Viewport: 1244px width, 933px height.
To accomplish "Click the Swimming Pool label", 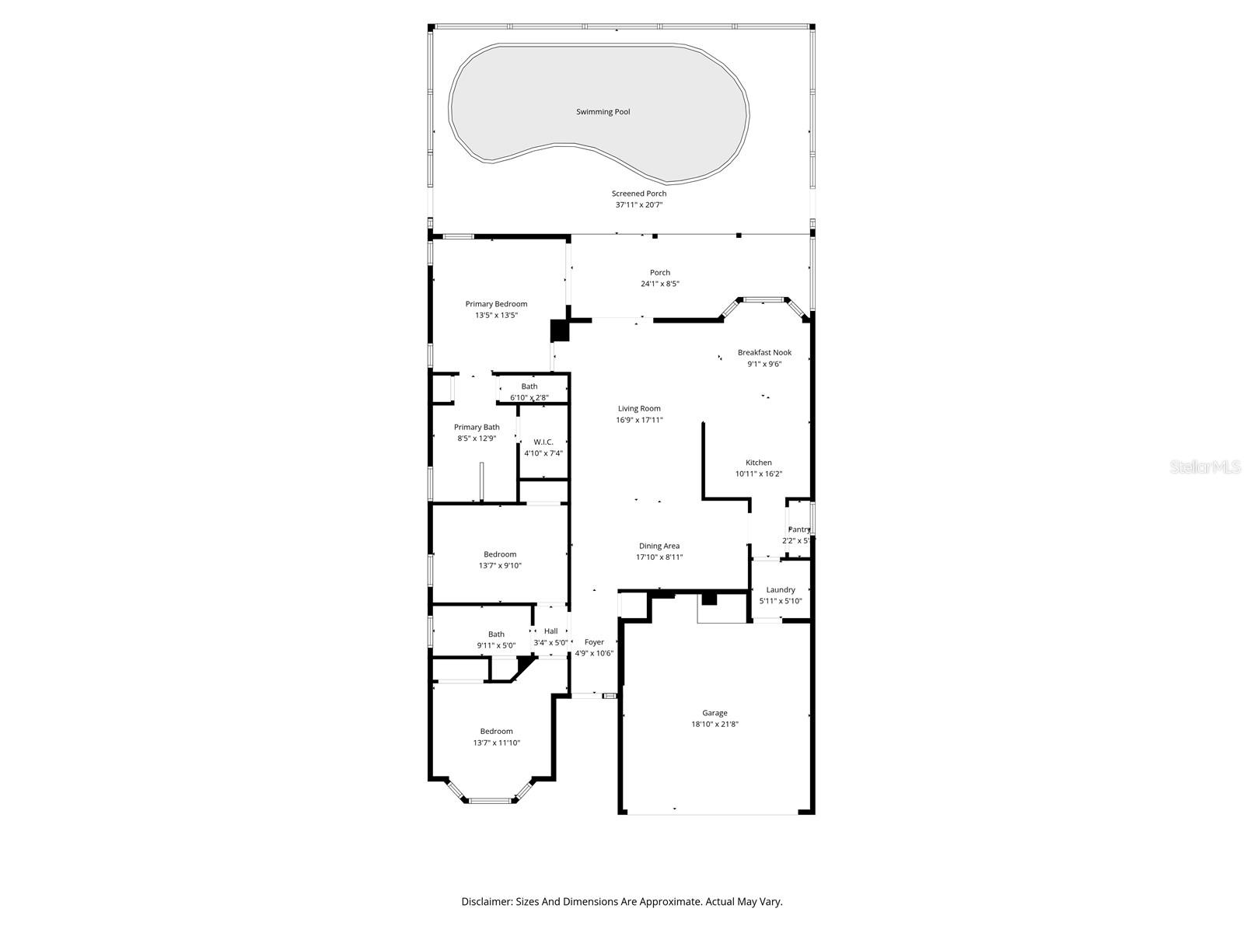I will tap(603, 112).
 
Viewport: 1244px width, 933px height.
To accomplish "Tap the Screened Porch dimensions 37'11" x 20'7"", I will tap(638, 205).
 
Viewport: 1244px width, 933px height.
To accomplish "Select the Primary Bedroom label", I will tap(496, 304).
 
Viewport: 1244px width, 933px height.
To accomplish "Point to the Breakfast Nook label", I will tap(764, 352).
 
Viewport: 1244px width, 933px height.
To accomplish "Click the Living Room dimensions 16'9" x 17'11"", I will tap(639, 420).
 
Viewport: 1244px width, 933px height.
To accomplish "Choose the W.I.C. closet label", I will tap(543, 442).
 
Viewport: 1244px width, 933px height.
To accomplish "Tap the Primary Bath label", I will tap(477, 427).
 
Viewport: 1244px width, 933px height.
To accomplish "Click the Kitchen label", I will tap(758, 463).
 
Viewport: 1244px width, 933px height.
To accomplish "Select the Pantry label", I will tap(798, 529).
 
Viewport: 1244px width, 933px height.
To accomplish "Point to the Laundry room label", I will tap(781, 590).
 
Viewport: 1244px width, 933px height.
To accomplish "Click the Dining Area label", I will tap(659, 546).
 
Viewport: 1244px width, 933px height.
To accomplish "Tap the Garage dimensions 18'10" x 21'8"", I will tap(715, 724).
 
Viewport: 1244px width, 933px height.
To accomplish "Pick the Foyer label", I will tap(594, 642).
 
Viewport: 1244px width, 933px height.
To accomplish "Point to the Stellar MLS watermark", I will tap(1204, 466).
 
